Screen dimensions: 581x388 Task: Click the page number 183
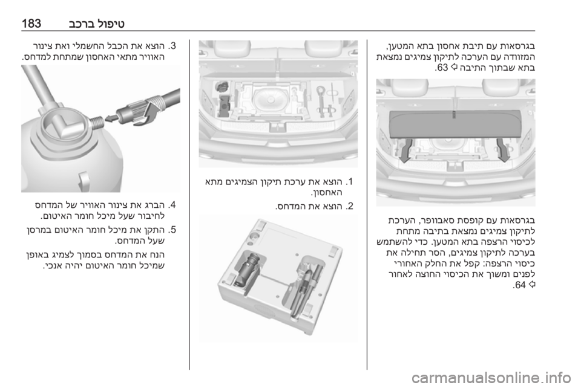[31, 24]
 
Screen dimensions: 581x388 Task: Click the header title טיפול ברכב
[97, 24]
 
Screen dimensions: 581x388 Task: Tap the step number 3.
[172, 47]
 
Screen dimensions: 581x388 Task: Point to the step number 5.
[172, 230]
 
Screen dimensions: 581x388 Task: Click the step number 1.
[350, 182]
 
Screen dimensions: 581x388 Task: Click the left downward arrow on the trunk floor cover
[406, 149]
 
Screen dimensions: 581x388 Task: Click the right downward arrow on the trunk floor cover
[504, 149]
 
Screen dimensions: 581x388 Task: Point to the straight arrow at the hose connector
[111, 118]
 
